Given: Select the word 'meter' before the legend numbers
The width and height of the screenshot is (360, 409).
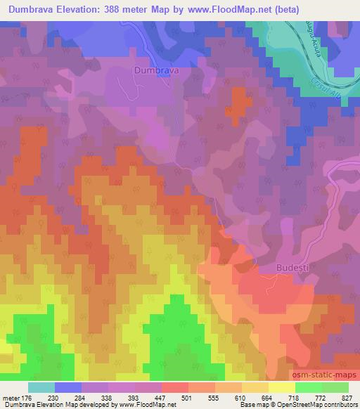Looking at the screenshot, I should click(x=10, y=398).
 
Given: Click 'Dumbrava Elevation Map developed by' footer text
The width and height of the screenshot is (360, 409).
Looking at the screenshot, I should click(x=50, y=405).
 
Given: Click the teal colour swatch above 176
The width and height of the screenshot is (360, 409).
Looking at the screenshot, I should click(x=41, y=387).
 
